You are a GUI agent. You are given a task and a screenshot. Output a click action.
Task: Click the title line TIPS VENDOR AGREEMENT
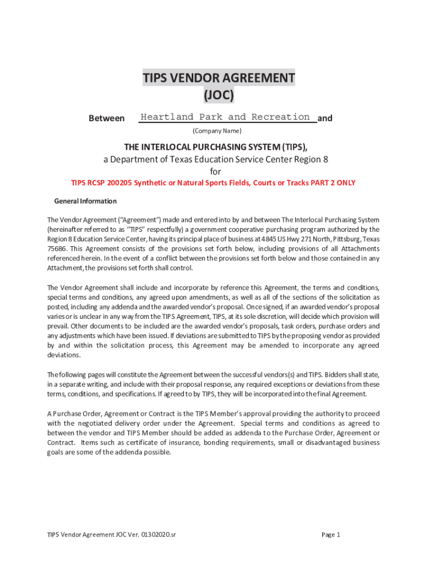pyautogui.click(x=219, y=78)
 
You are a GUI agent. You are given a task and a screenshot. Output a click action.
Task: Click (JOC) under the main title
pyautogui.click(x=219, y=95)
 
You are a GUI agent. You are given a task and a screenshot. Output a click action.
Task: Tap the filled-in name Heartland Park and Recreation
pyautogui.click(x=225, y=117)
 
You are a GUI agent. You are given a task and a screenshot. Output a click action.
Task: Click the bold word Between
pyautogui.click(x=107, y=118)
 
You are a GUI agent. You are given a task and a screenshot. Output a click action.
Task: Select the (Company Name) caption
pyautogui.click(x=216, y=131)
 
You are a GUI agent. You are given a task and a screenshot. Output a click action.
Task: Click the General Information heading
pyautogui.click(x=85, y=201)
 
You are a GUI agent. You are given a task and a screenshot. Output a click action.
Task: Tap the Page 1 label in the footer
pyautogui.click(x=331, y=534)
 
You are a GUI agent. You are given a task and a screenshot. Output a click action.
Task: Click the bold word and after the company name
pyautogui.click(x=325, y=118)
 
